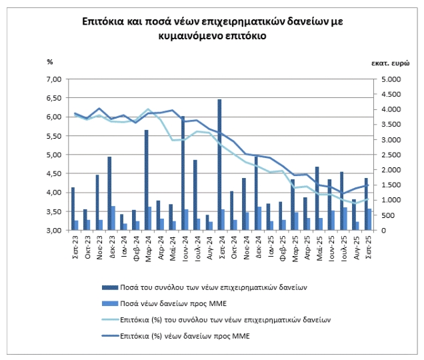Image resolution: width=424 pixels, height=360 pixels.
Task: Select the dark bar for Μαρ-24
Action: (147, 180)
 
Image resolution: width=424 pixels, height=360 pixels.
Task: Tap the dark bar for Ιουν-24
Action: (183, 173)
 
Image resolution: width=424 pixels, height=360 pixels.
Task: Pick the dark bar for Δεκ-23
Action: (110, 193)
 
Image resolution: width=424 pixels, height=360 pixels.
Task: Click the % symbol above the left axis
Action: (49, 62)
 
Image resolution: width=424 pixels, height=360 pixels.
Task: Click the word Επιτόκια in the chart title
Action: (104, 23)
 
